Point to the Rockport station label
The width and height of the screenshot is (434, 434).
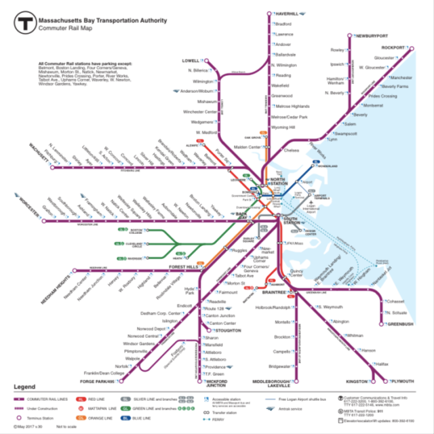(x=393, y=47)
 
